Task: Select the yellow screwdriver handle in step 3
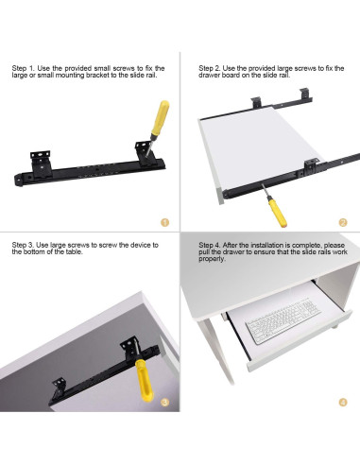point(145,380)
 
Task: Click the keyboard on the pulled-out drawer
point(283,320)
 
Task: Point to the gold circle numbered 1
point(165,222)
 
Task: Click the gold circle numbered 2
point(343,223)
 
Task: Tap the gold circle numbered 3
point(165,402)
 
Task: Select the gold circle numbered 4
point(343,403)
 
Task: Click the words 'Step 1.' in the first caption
point(24,68)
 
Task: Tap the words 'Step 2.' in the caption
point(210,68)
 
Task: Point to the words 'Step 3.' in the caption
point(23,245)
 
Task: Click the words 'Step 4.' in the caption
point(210,245)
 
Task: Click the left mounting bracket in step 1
point(41,164)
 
